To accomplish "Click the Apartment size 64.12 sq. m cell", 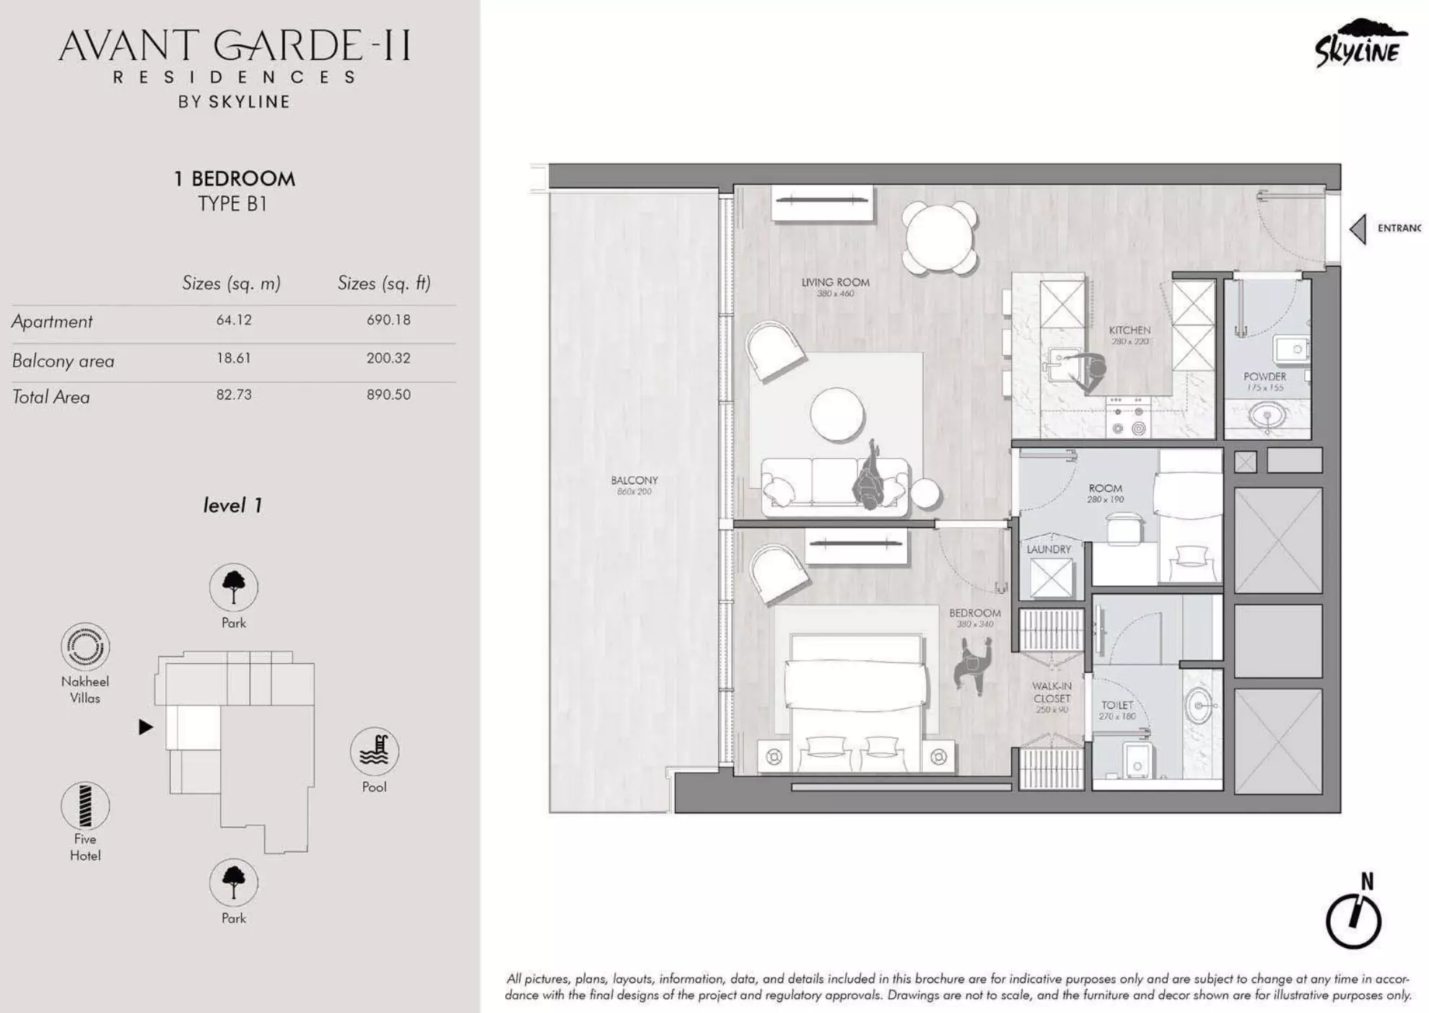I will [x=234, y=320].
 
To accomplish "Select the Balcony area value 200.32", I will [x=388, y=358].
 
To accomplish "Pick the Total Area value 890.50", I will [x=388, y=395].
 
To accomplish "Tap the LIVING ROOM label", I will [x=835, y=283].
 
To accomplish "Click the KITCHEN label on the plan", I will [x=1129, y=330].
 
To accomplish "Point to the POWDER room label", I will [x=1264, y=377].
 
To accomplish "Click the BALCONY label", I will [x=634, y=481].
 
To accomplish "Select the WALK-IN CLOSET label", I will [x=1052, y=692].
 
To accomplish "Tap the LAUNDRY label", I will [x=1049, y=550].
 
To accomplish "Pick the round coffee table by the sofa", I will [x=837, y=414].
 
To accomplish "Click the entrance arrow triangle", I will [x=1358, y=229].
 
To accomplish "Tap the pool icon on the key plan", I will [x=374, y=751].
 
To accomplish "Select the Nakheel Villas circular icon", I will [x=85, y=646].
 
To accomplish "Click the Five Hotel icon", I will [x=85, y=805].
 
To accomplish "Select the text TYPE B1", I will [x=233, y=204].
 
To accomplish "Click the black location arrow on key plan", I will [x=146, y=727].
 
